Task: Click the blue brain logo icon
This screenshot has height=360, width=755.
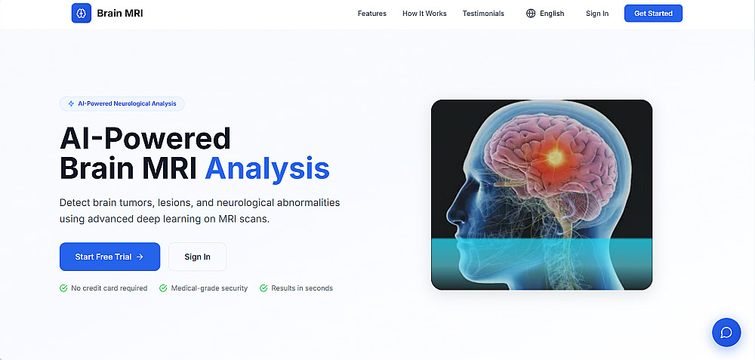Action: (x=82, y=14)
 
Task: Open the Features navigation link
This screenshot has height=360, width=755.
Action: (x=371, y=14)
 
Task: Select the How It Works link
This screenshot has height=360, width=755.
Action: (x=424, y=14)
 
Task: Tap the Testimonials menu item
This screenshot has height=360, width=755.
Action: (x=483, y=14)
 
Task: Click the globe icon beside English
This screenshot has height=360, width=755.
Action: (x=531, y=14)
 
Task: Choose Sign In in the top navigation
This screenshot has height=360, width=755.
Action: (x=597, y=14)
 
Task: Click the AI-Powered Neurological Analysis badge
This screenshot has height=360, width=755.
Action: (x=122, y=103)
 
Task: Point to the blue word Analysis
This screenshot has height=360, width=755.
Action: (x=267, y=169)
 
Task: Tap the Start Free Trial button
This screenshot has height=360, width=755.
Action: (x=109, y=257)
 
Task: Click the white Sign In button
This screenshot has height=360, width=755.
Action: (x=197, y=257)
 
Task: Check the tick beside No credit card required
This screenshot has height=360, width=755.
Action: (x=63, y=288)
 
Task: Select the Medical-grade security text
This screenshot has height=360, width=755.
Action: (x=209, y=288)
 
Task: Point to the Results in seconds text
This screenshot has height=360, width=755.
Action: (x=302, y=288)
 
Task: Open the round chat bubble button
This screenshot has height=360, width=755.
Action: (x=726, y=333)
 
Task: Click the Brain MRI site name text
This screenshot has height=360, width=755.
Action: (x=120, y=14)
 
